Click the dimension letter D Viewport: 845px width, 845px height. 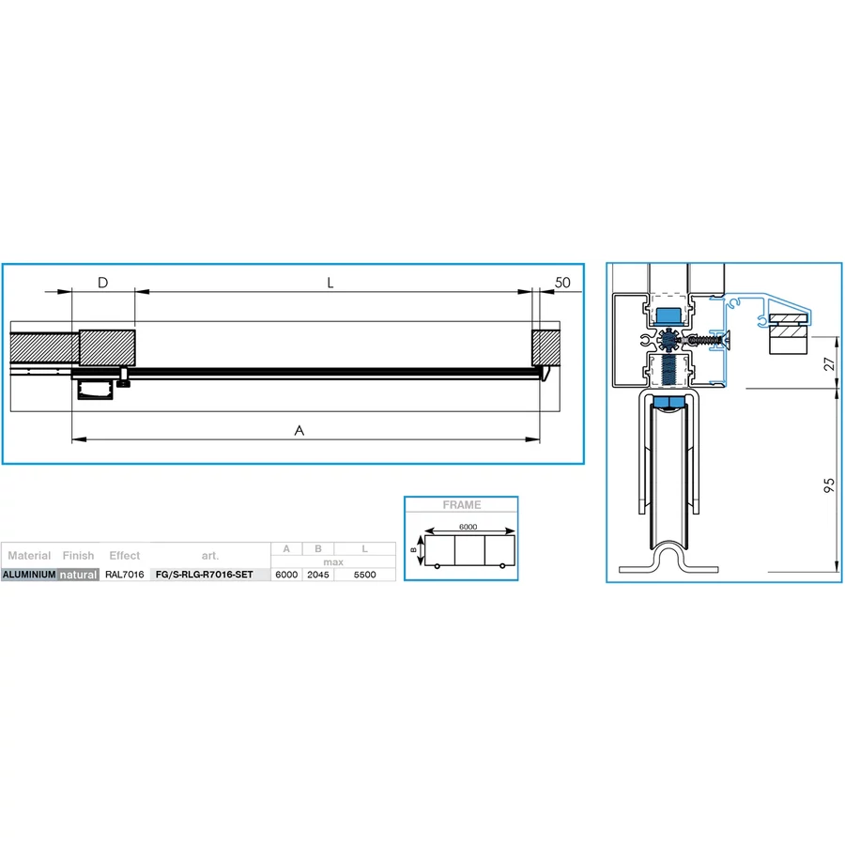point(103,283)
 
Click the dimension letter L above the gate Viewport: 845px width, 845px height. point(330,283)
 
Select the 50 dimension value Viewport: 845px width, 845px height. point(562,283)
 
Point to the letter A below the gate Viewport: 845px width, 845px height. point(300,430)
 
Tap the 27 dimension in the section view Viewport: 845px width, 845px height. point(829,363)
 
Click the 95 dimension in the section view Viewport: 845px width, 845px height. point(829,485)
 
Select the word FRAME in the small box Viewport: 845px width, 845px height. point(462,505)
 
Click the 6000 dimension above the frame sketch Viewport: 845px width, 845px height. point(468,527)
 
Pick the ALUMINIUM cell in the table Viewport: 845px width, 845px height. point(29,575)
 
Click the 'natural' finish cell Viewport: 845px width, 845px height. point(78,575)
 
